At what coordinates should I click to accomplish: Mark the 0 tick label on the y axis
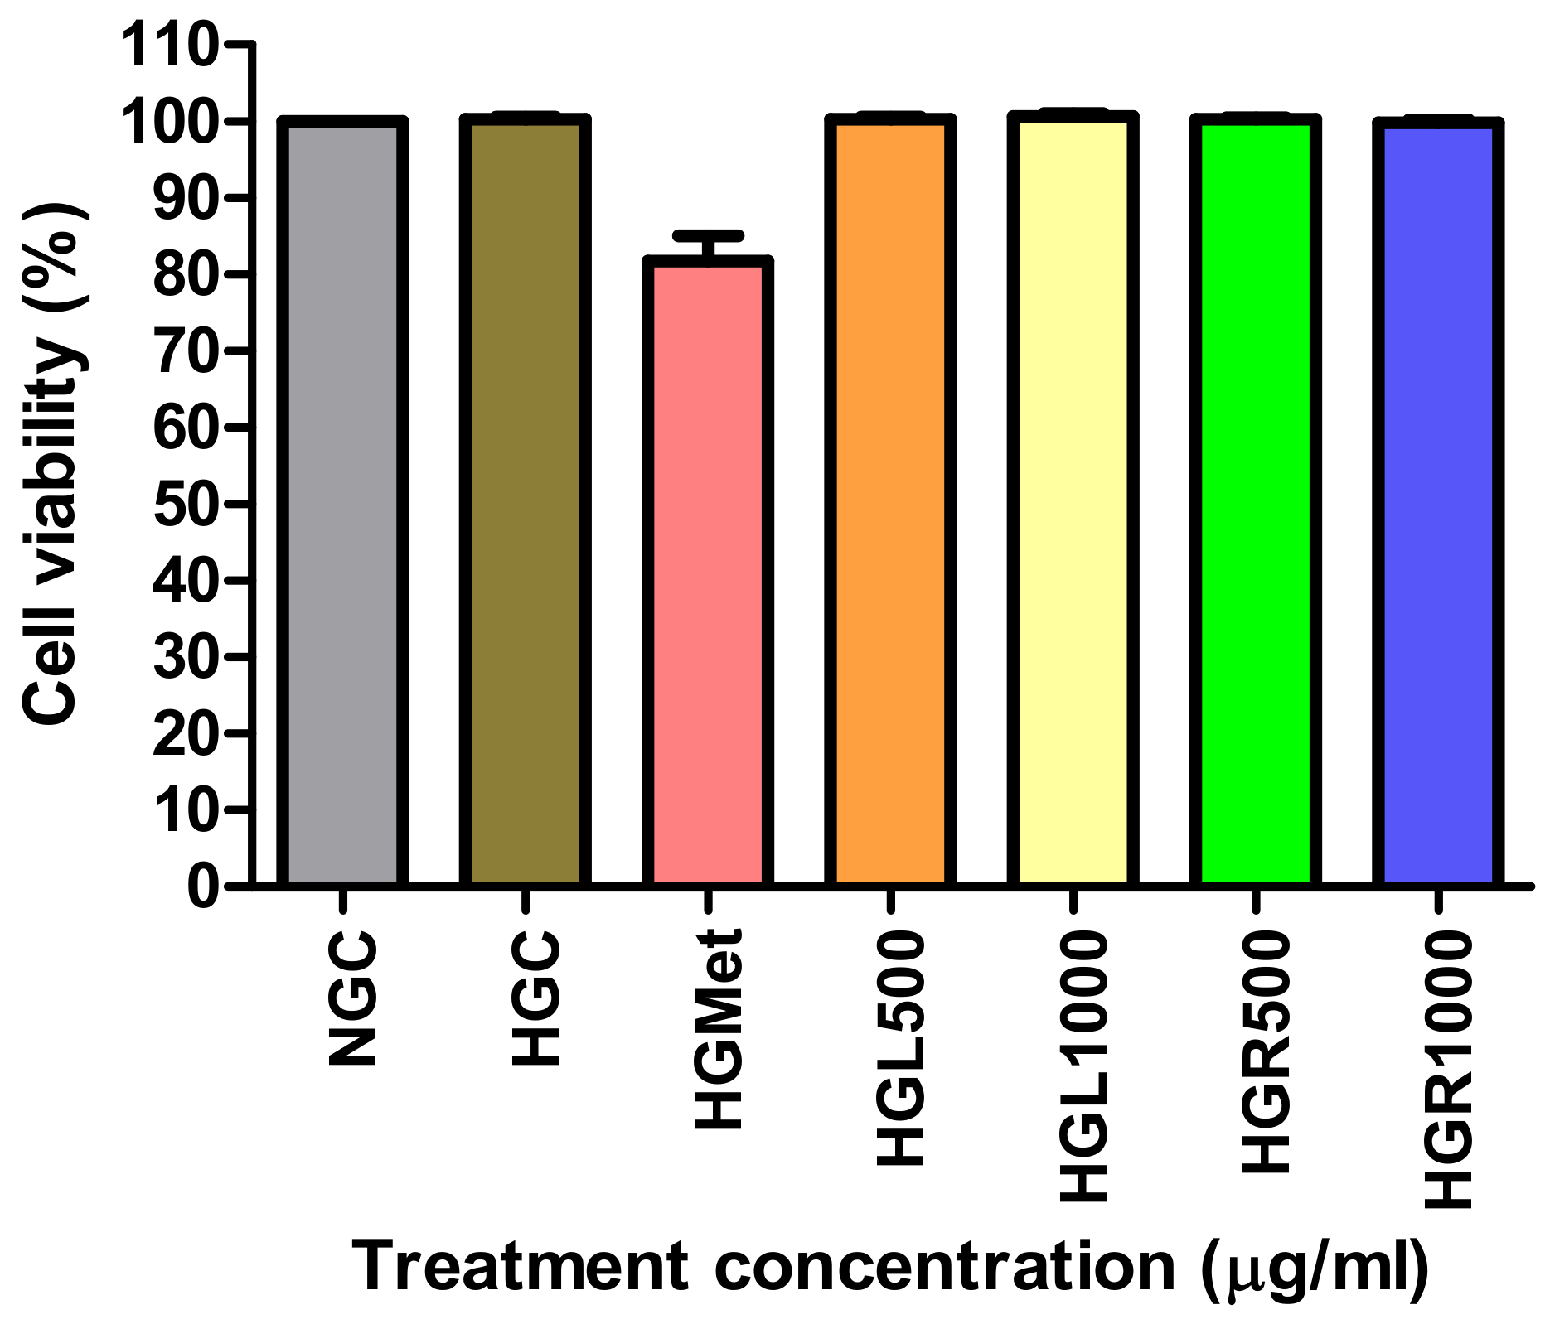coord(204,887)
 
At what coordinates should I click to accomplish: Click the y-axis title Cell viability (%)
coord(51,464)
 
